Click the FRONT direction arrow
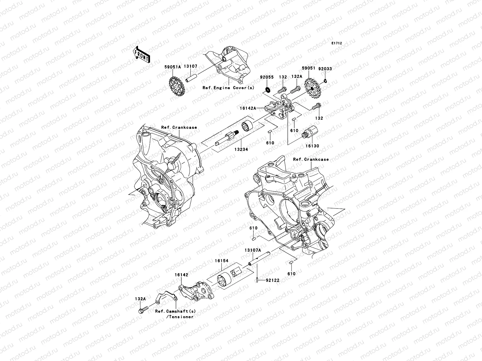(142, 54)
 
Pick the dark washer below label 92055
(267, 90)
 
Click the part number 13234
(242, 149)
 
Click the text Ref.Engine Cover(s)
(229, 88)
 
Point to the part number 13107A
(252, 250)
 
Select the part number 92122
(272, 280)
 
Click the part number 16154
(221, 261)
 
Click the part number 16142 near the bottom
(181, 275)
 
